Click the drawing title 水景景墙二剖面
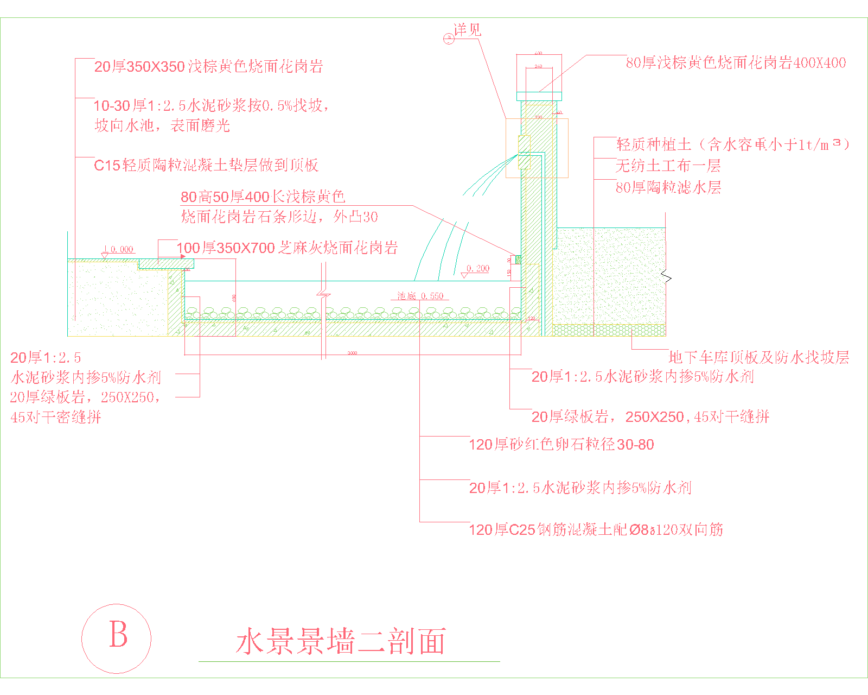click(x=341, y=642)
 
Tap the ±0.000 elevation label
click(x=119, y=250)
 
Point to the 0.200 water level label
click(x=477, y=269)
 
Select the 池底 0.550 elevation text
click(x=420, y=296)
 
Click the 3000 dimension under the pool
click(x=352, y=353)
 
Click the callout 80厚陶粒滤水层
click(x=668, y=188)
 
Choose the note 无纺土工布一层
click(x=668, y=166)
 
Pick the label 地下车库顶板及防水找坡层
click(x=758, y=357)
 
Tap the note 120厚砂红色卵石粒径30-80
click(x=561, y=445)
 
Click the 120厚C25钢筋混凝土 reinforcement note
click(x=596, y=529)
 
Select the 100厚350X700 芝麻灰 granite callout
click(x=288, y=248)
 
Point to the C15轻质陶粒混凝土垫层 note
click(x=206, y=165)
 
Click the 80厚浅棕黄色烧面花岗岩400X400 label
click(x=736, y=63)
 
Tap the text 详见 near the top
click(x=468, y=30)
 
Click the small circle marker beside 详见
click(x=449, y=39)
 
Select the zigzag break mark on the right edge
click(x=666, y=277)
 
